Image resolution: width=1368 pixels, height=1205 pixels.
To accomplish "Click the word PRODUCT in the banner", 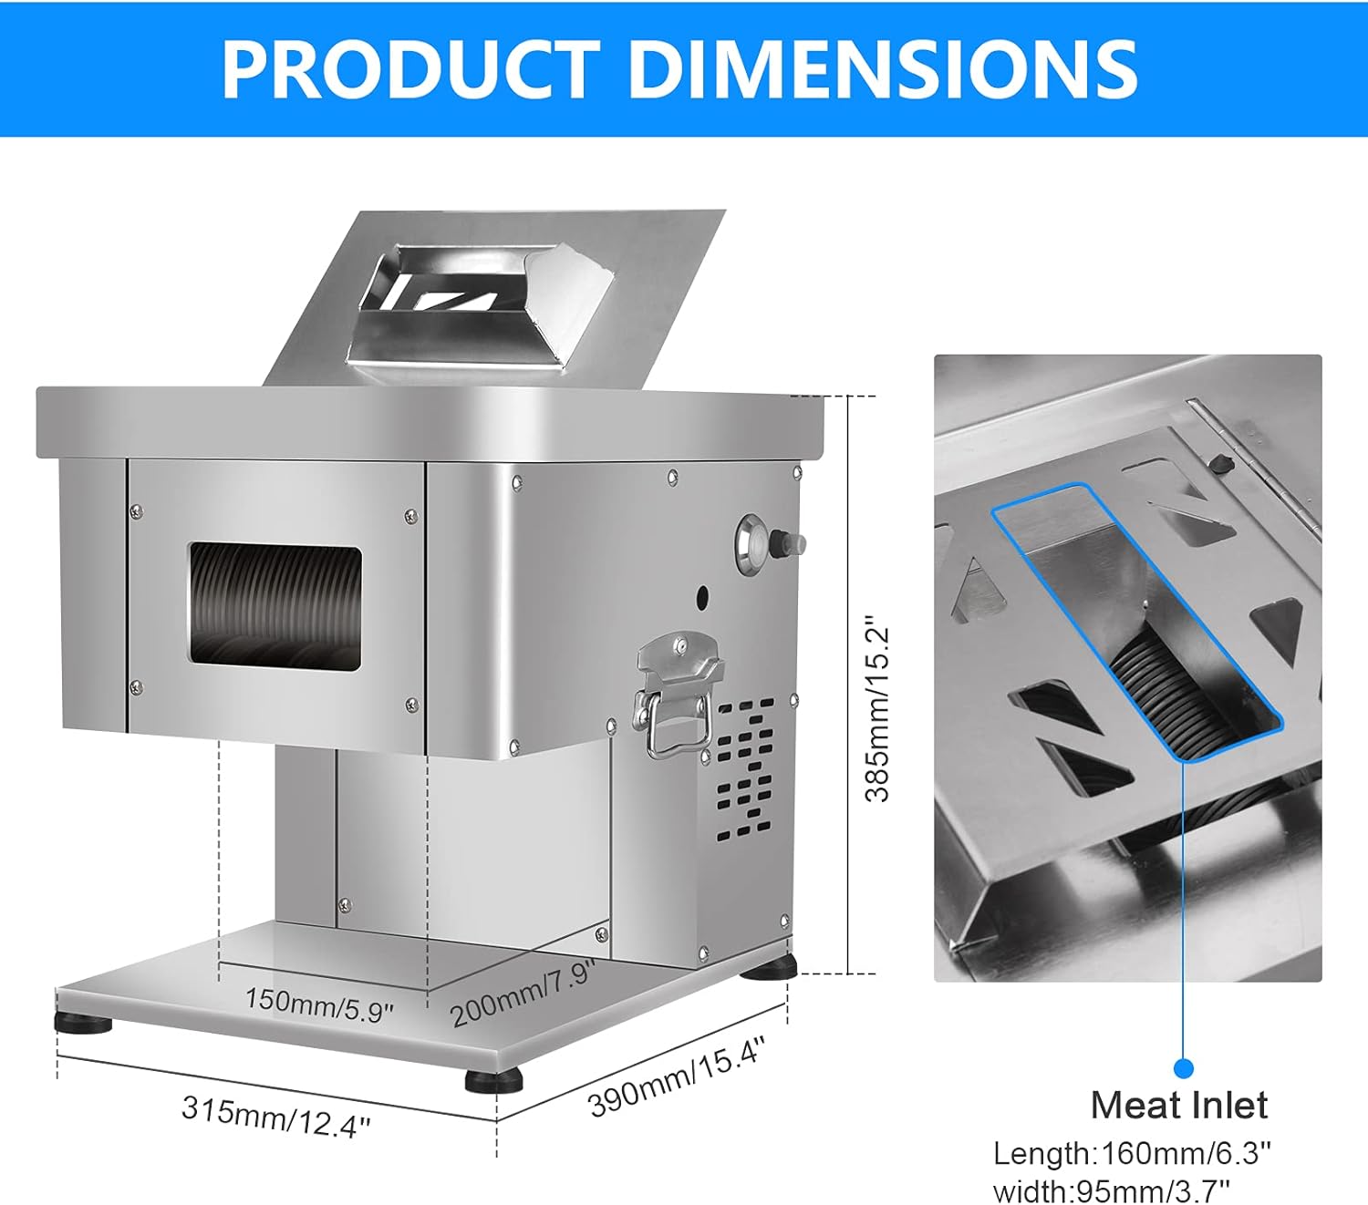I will tap(410, 69).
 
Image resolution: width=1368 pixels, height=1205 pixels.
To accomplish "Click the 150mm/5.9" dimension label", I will tap(319, 1004).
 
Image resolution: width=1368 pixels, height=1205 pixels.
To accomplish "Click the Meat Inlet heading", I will tap(1178, 1106).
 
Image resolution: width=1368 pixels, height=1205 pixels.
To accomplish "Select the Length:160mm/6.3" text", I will tap(1132, 1153).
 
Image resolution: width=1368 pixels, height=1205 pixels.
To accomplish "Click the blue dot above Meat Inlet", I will tap(1183, 1068).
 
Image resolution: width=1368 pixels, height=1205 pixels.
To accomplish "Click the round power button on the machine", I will tap(753, 545).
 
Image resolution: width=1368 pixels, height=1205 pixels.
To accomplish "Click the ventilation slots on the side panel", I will tap(744, 770).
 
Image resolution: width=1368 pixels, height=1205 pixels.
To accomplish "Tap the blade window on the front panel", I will tap(275, 608).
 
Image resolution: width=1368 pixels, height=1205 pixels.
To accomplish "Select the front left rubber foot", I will tap(83, 1023).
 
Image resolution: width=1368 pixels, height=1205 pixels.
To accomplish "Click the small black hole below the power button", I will tap(702, 599).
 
